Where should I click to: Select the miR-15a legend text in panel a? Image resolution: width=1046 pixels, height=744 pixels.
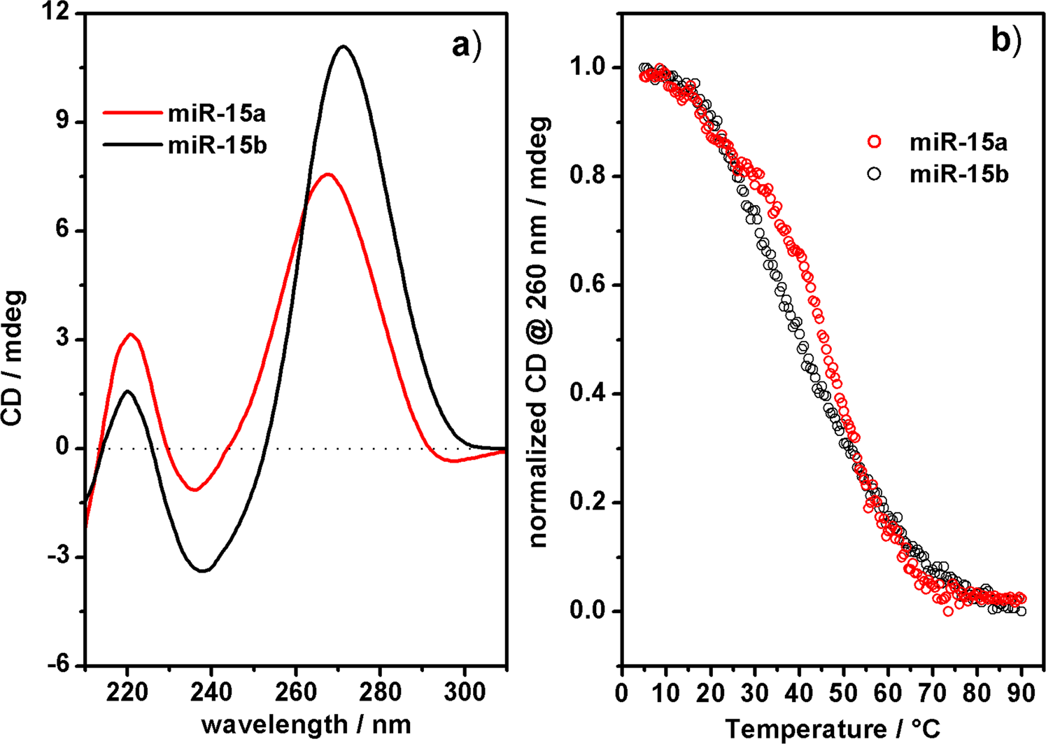(x=216, y=114)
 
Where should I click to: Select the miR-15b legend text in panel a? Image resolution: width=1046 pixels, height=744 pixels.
(x=217, y=146)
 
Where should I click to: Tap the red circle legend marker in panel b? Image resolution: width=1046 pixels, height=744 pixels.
(x=873, y=143)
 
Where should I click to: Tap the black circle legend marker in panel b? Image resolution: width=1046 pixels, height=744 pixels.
(x=873, y=174)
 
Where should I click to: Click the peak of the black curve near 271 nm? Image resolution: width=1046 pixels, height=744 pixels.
(x=343, y=47)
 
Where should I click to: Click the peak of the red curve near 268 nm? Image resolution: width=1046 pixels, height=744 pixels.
(x=327, y=174)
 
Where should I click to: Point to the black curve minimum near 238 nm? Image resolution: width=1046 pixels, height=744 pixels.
(x=203, y=571)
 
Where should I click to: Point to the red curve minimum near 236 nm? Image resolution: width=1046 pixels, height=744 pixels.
(x=195, y=489)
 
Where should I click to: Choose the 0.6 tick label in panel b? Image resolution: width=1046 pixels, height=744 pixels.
(x=588, y=285)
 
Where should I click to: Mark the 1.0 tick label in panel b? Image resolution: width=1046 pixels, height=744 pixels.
(x=588, y=68)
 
